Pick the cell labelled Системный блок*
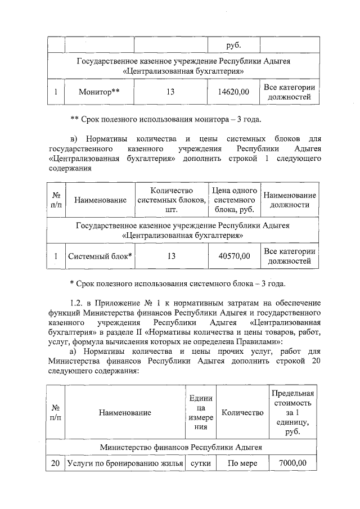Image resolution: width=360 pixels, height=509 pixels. (100, 256)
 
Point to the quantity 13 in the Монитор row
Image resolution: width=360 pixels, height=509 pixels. (170, 92)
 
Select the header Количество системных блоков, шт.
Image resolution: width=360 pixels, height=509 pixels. (172, 200)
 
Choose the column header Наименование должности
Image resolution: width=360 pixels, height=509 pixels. (289, 200)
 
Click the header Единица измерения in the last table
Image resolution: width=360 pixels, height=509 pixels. (199, 412)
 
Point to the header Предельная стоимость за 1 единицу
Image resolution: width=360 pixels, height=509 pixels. (292, 412)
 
